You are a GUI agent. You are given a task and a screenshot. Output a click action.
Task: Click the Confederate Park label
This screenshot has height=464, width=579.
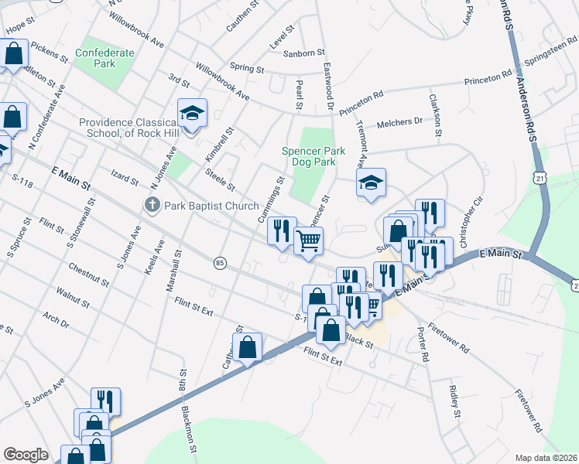(x=104, y=58)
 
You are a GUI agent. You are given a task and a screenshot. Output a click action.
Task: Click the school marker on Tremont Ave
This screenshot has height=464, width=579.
(x=371, y=183)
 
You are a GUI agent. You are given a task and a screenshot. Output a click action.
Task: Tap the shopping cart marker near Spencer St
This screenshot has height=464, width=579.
(x=308, y=241)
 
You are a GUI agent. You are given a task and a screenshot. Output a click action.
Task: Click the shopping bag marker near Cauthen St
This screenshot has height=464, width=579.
(x=248, y=347)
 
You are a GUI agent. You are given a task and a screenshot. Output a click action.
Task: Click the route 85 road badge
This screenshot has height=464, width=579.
(x=220, y=263)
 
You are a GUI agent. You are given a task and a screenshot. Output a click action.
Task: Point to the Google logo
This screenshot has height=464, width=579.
(x=26, y=455)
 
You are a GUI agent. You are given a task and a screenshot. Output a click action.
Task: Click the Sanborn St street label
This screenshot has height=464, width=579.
(x=303, y=53)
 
